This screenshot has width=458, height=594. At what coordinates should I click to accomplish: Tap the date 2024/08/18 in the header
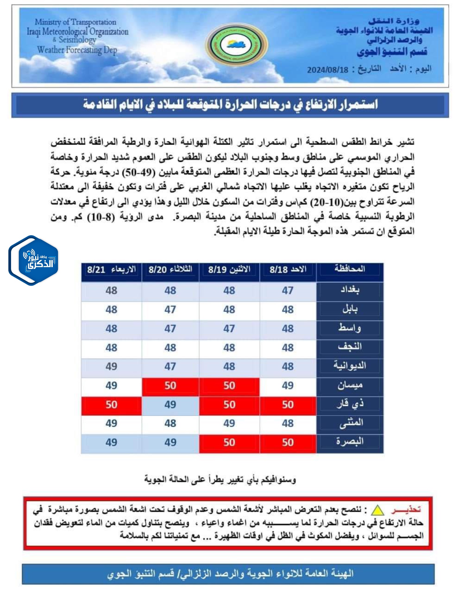[x=328, y=70]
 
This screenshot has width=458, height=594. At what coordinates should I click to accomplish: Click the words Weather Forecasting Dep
[x=77, y=50]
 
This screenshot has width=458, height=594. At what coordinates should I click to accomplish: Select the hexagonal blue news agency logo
[x=33, y=260]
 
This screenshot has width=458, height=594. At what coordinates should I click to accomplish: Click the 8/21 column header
[x=112, y=270]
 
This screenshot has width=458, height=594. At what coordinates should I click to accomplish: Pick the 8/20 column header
[x=170, y=270]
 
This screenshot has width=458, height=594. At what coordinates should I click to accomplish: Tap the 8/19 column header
[x=229, y=270]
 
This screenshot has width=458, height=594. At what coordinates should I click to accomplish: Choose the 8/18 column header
[x=288, y=270]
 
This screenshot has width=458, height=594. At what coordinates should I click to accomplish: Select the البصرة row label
[x=350, y=442]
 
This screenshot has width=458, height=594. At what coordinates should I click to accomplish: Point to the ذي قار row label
[x=350, y=404]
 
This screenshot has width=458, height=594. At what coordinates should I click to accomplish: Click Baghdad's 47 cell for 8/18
[x=288, y=291]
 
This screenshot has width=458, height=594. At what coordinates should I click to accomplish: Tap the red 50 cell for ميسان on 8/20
[x=170, y=385]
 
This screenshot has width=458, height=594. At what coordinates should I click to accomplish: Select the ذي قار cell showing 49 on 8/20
[x=170, y=405]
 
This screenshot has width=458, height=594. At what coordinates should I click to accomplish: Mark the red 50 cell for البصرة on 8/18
[x=288, y=442]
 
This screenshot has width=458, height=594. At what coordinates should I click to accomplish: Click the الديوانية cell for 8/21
[x=112, y=367]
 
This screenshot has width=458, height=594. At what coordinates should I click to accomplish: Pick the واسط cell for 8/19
[x=229, y=329]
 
